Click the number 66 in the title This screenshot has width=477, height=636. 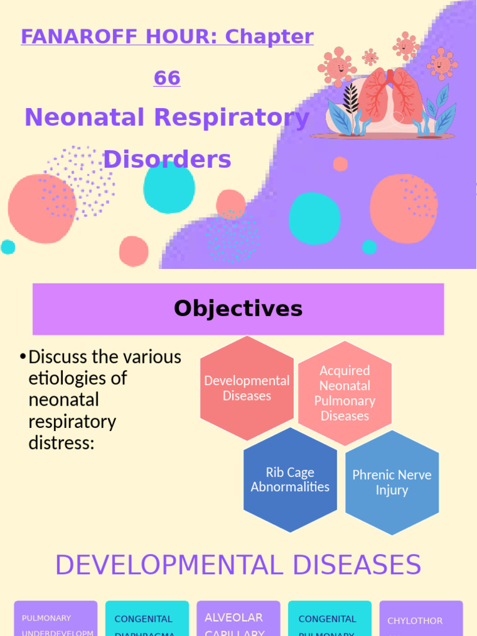coord(167,78)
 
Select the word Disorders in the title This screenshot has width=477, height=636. coord(167,160)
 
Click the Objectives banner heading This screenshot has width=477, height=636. coord(238,309)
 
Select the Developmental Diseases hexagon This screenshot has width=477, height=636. coord(247,388)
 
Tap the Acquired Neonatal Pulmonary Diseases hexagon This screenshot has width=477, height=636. coord(345,393)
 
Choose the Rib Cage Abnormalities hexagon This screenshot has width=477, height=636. coord(290,479)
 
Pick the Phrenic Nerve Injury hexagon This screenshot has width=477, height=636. coord(392,483)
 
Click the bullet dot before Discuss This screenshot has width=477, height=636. coord(22,357)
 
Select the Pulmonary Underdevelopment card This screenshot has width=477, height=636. coord(56,619)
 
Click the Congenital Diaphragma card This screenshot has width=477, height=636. coord(147,619)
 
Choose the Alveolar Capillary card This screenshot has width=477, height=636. coord(238,619)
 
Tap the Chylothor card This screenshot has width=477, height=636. coord(420,619)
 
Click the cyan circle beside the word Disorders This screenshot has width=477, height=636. coord(169,186)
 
